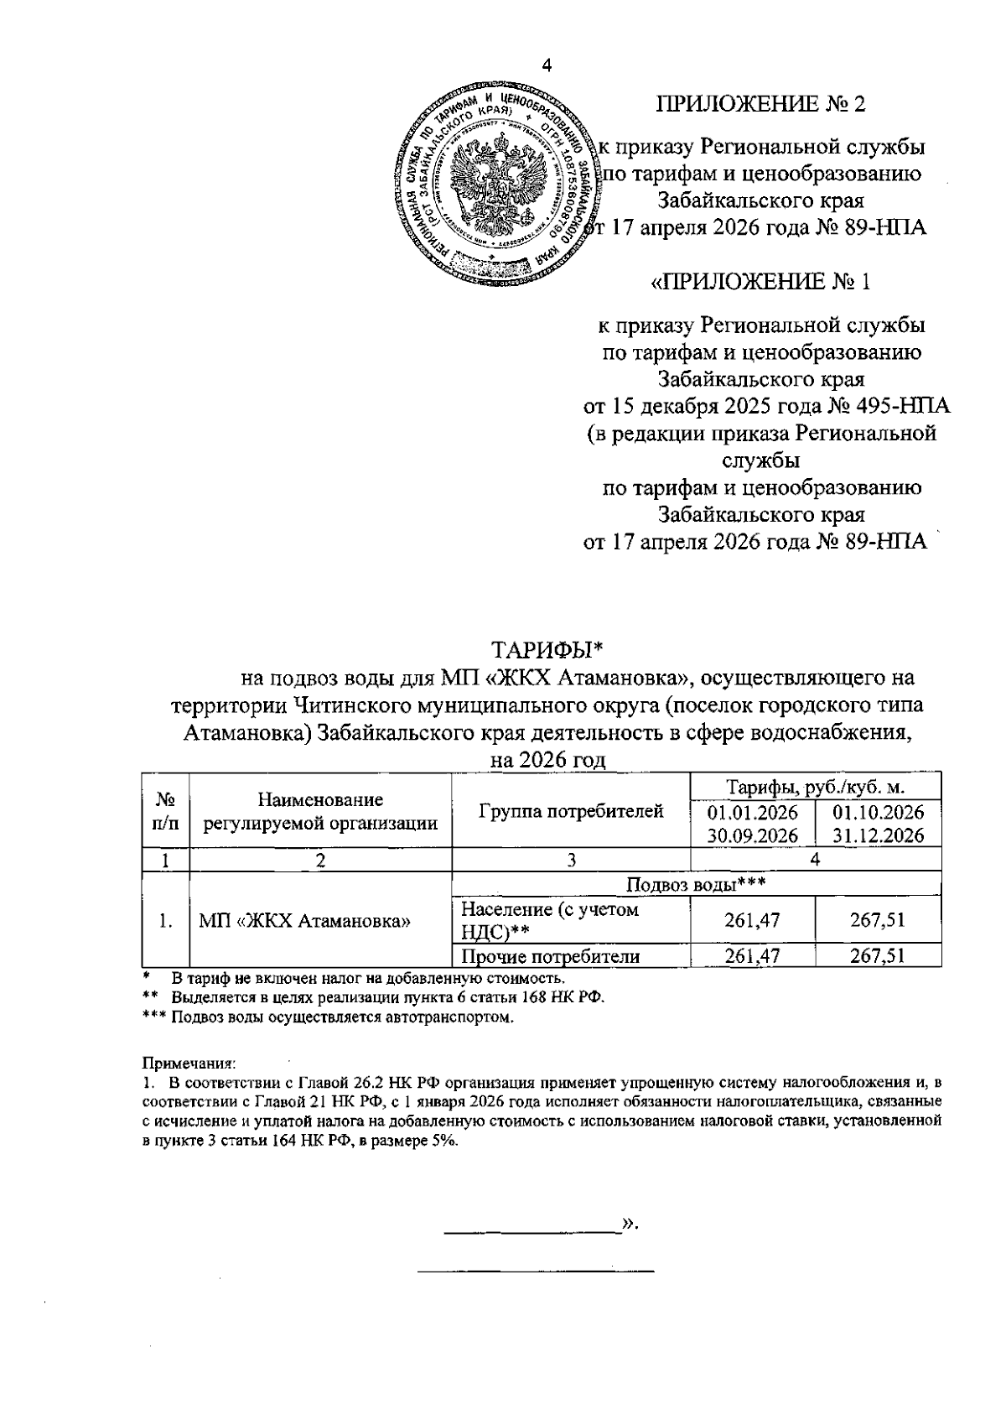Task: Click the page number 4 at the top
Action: tap(547, 68)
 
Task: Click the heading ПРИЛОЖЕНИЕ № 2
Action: tap(760, 104)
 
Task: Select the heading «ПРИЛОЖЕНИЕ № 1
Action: tap(761, 282)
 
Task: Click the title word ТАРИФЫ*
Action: tap(547, 651)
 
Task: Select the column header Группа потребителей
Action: tap(571, 811)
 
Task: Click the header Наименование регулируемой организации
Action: tap(321, 811)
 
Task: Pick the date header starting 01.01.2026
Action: tap(752, 823)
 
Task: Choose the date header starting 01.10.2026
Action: tap(878, 823)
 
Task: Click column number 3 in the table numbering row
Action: tap(571, 860)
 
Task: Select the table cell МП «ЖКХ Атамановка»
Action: tap(305, 921)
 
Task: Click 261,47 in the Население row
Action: tap(752, 920)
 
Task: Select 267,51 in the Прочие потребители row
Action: tap(878, 956)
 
